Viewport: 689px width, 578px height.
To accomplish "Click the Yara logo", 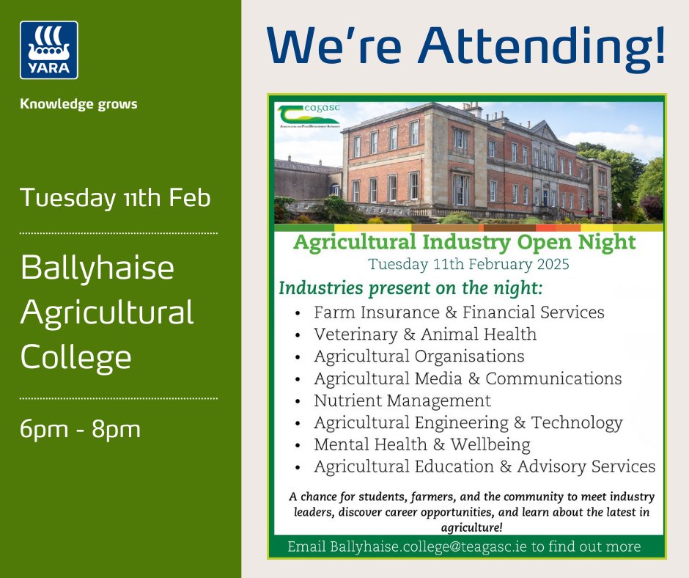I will coord(49,50).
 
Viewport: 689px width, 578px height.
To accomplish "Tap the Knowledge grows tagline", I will coord(79,104).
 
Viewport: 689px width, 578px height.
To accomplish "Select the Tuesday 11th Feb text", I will coord(116,199).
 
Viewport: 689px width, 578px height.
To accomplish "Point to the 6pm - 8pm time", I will coord(80,429).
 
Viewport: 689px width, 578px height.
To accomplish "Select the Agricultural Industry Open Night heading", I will coord(465,243).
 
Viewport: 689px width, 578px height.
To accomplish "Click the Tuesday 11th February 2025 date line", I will coord(469,263).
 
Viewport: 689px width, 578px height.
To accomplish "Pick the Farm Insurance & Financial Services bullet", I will coord(459,312).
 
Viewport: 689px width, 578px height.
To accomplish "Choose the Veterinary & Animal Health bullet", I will coord(425,334).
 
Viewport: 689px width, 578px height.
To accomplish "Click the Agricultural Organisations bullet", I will coord(419,356).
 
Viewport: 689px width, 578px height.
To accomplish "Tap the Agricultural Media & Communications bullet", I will coord(468,378).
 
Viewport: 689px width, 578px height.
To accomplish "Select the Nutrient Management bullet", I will coord(402,400).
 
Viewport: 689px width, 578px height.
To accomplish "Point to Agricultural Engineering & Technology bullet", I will coord(468,422).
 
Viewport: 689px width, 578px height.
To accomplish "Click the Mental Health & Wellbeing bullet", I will coord(421,445).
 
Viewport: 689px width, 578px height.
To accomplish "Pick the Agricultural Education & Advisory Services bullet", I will coord(484,467).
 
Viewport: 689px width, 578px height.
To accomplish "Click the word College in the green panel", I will coord(76,358).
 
